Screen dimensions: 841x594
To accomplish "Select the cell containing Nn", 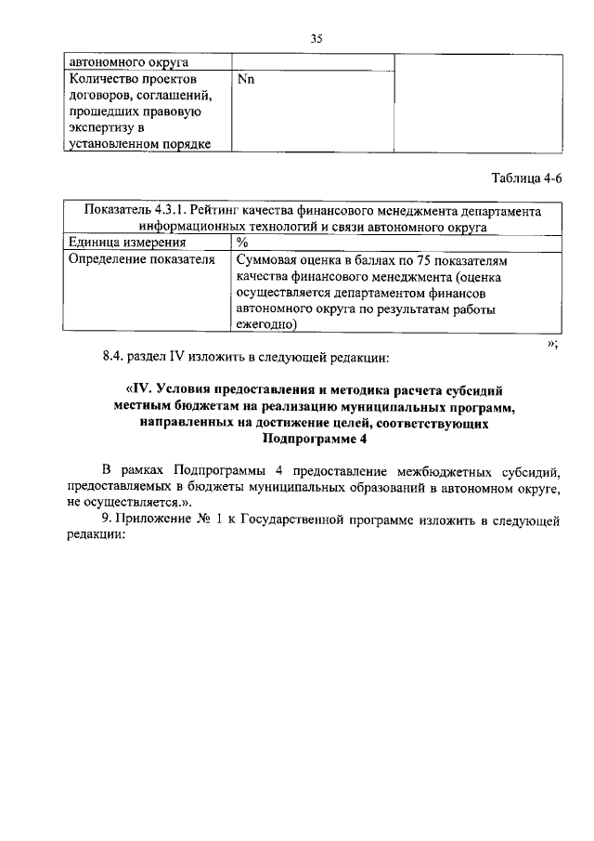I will [x=246, y=80].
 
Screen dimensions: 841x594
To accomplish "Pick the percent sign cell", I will [x=242, y=243].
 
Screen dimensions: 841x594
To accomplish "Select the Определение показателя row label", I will [x=136, y=260].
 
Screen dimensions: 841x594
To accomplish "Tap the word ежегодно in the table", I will [x=265, y=324].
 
